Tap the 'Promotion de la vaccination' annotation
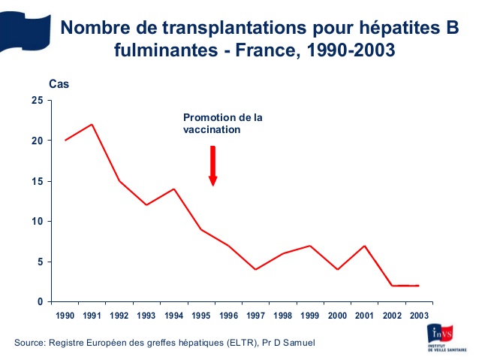(223, 123)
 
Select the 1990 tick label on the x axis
(65, 316)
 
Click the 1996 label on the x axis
(228, 316)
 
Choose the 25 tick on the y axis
(37, 101)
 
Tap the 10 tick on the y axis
(37, 222)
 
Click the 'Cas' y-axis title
(59, 84)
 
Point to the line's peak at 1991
(92, 125)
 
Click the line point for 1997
(255, 269)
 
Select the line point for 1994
(174, 189)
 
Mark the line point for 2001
(364, 246)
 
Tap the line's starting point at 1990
(65, 141)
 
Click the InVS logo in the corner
(444, 337)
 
